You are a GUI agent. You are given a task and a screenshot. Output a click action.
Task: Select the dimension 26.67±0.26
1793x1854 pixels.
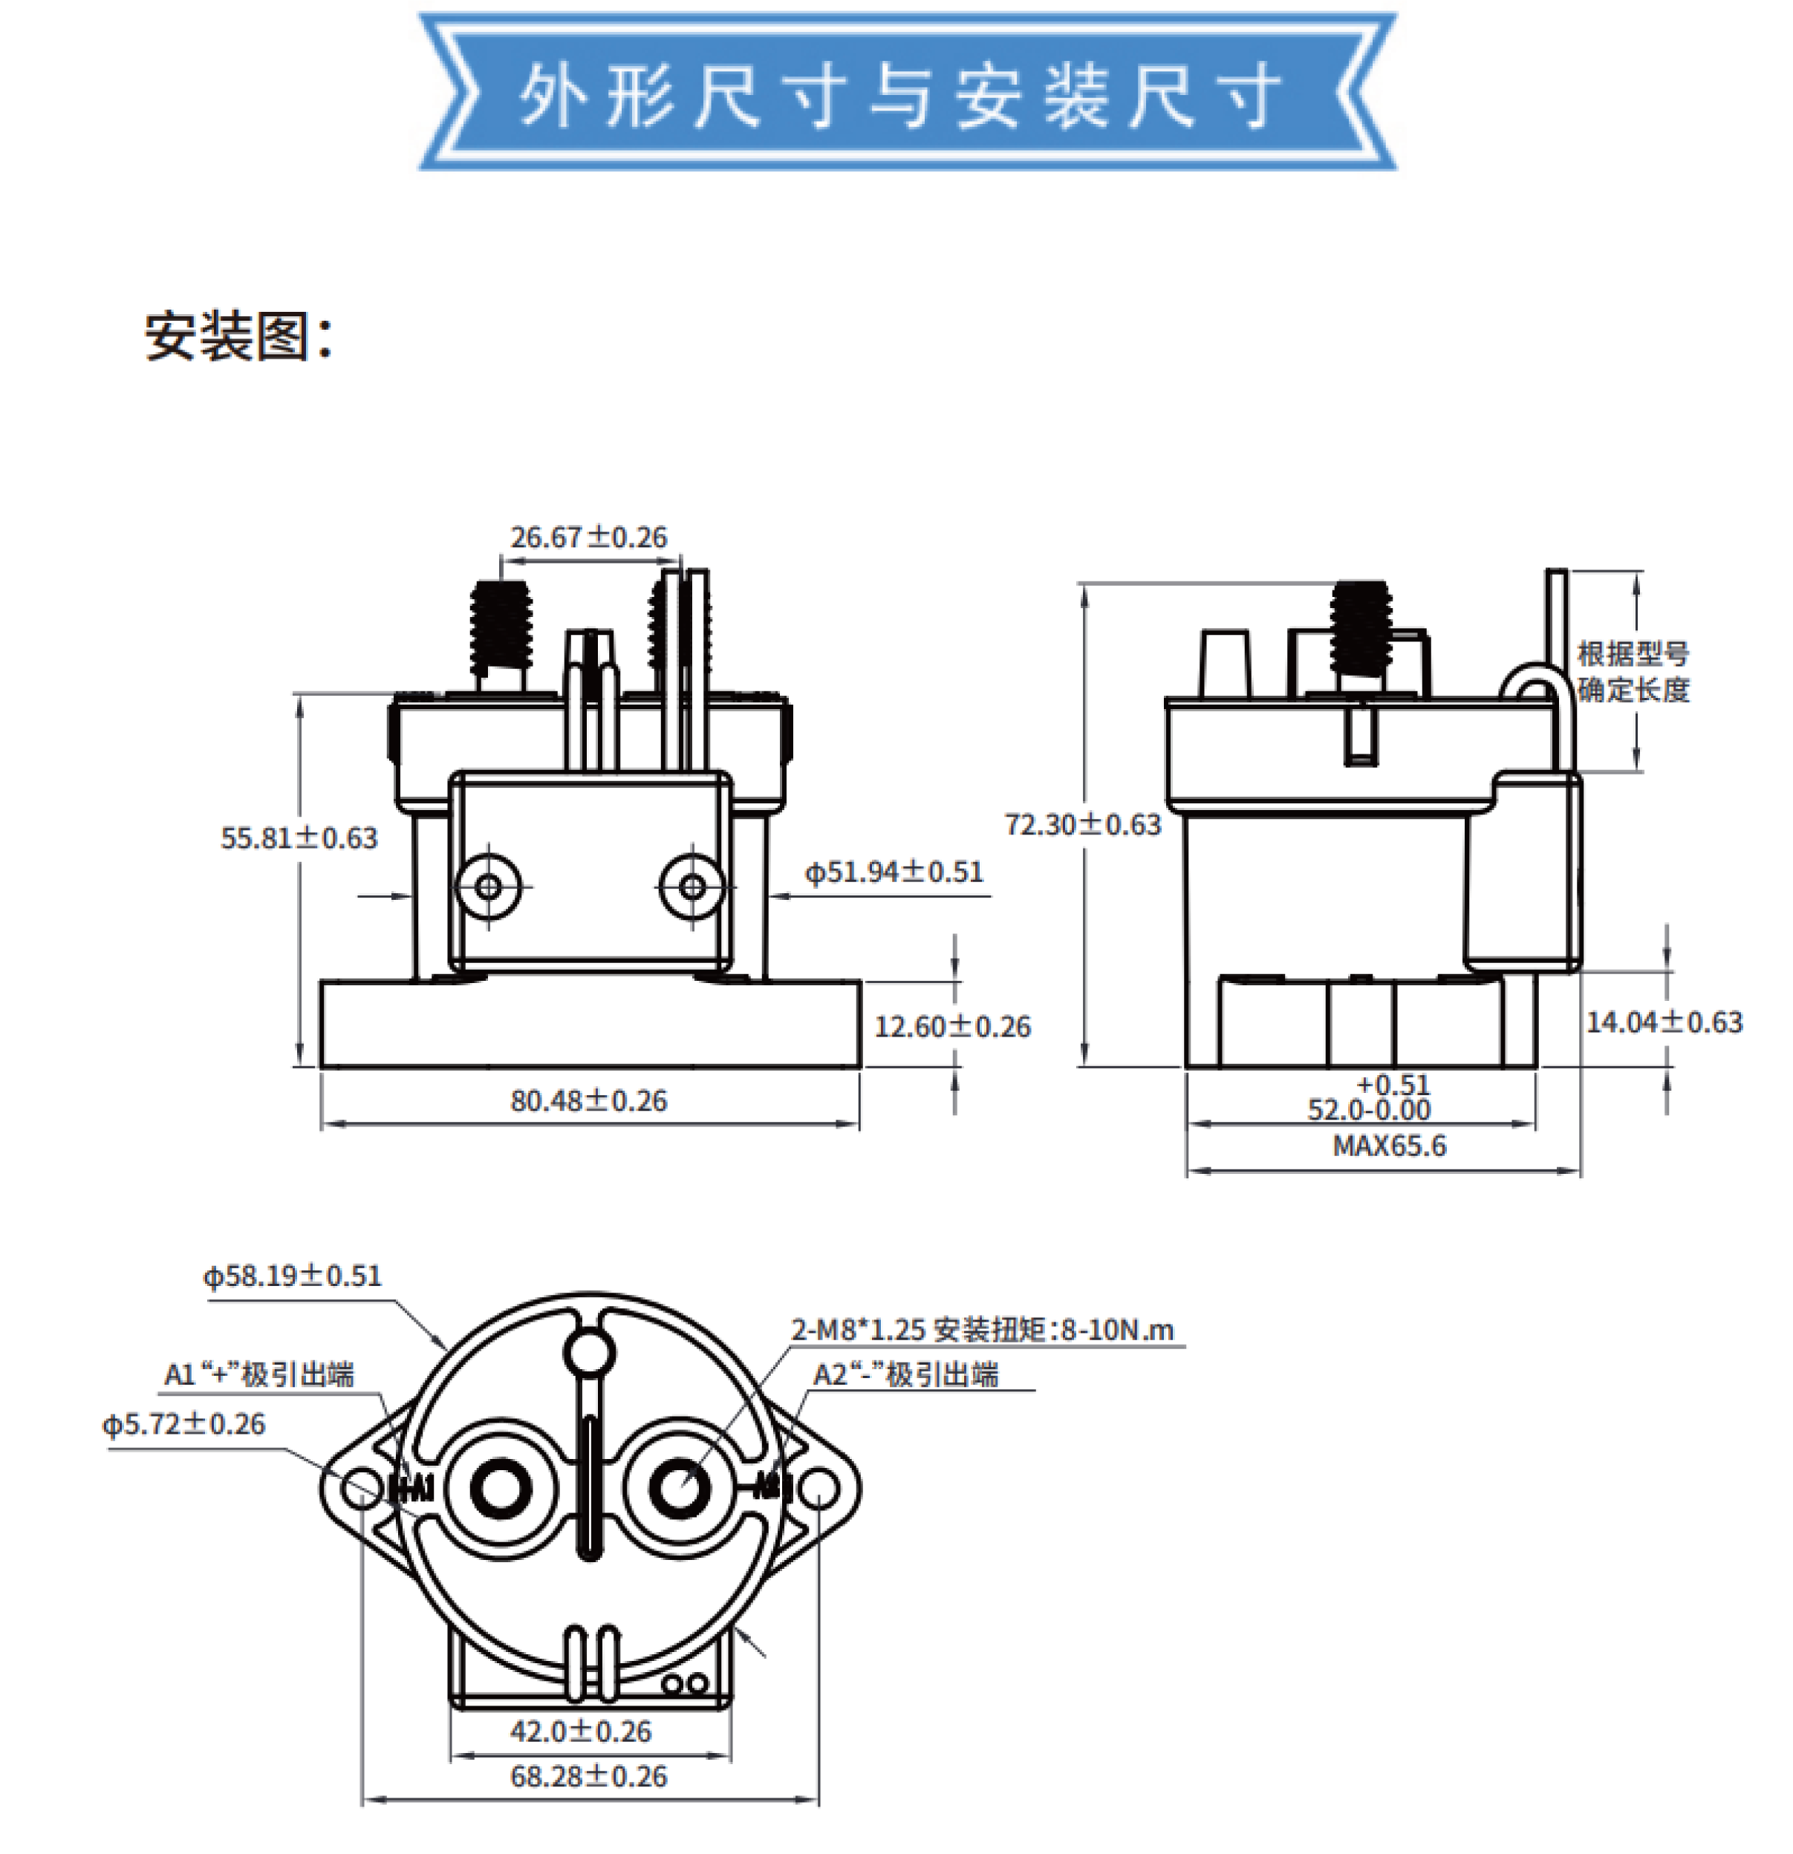pos(588,538)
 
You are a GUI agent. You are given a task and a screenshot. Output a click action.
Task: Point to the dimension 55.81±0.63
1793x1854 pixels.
pos(299,838)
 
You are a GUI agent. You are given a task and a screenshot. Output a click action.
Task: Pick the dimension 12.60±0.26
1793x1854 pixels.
pos(952,1026)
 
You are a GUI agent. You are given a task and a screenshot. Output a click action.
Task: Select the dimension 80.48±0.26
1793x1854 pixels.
pos(588,1100)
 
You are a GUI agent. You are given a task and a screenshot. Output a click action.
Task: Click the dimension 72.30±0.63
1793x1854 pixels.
pos(1082,825)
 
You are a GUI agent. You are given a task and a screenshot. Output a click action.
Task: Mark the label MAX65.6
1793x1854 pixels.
pos(1389,1146)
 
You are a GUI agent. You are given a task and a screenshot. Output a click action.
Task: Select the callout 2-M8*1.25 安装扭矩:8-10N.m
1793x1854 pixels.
pos(981,1330)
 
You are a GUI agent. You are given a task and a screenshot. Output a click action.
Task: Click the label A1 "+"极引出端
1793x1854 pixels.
pos(259,1374)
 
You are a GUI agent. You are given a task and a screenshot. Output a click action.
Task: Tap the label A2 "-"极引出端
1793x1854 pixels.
pos(905,1374)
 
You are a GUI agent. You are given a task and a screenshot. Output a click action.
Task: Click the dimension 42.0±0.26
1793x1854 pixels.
pos(581,1731)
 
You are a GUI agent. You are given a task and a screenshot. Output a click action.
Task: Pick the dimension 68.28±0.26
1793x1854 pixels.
pos(588,1777)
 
